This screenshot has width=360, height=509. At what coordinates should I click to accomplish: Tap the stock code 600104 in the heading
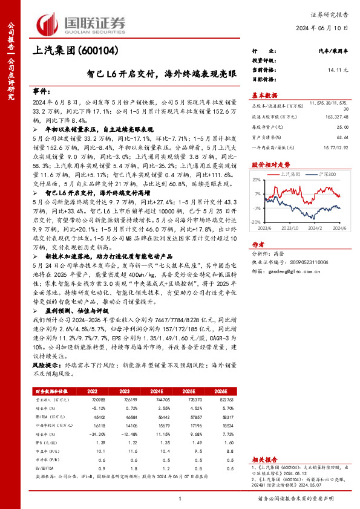[x=97, y=51]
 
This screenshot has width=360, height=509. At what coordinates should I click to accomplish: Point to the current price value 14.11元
[x=338, y=71]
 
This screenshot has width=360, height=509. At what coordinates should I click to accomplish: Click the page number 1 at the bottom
[x=180, y=498]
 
